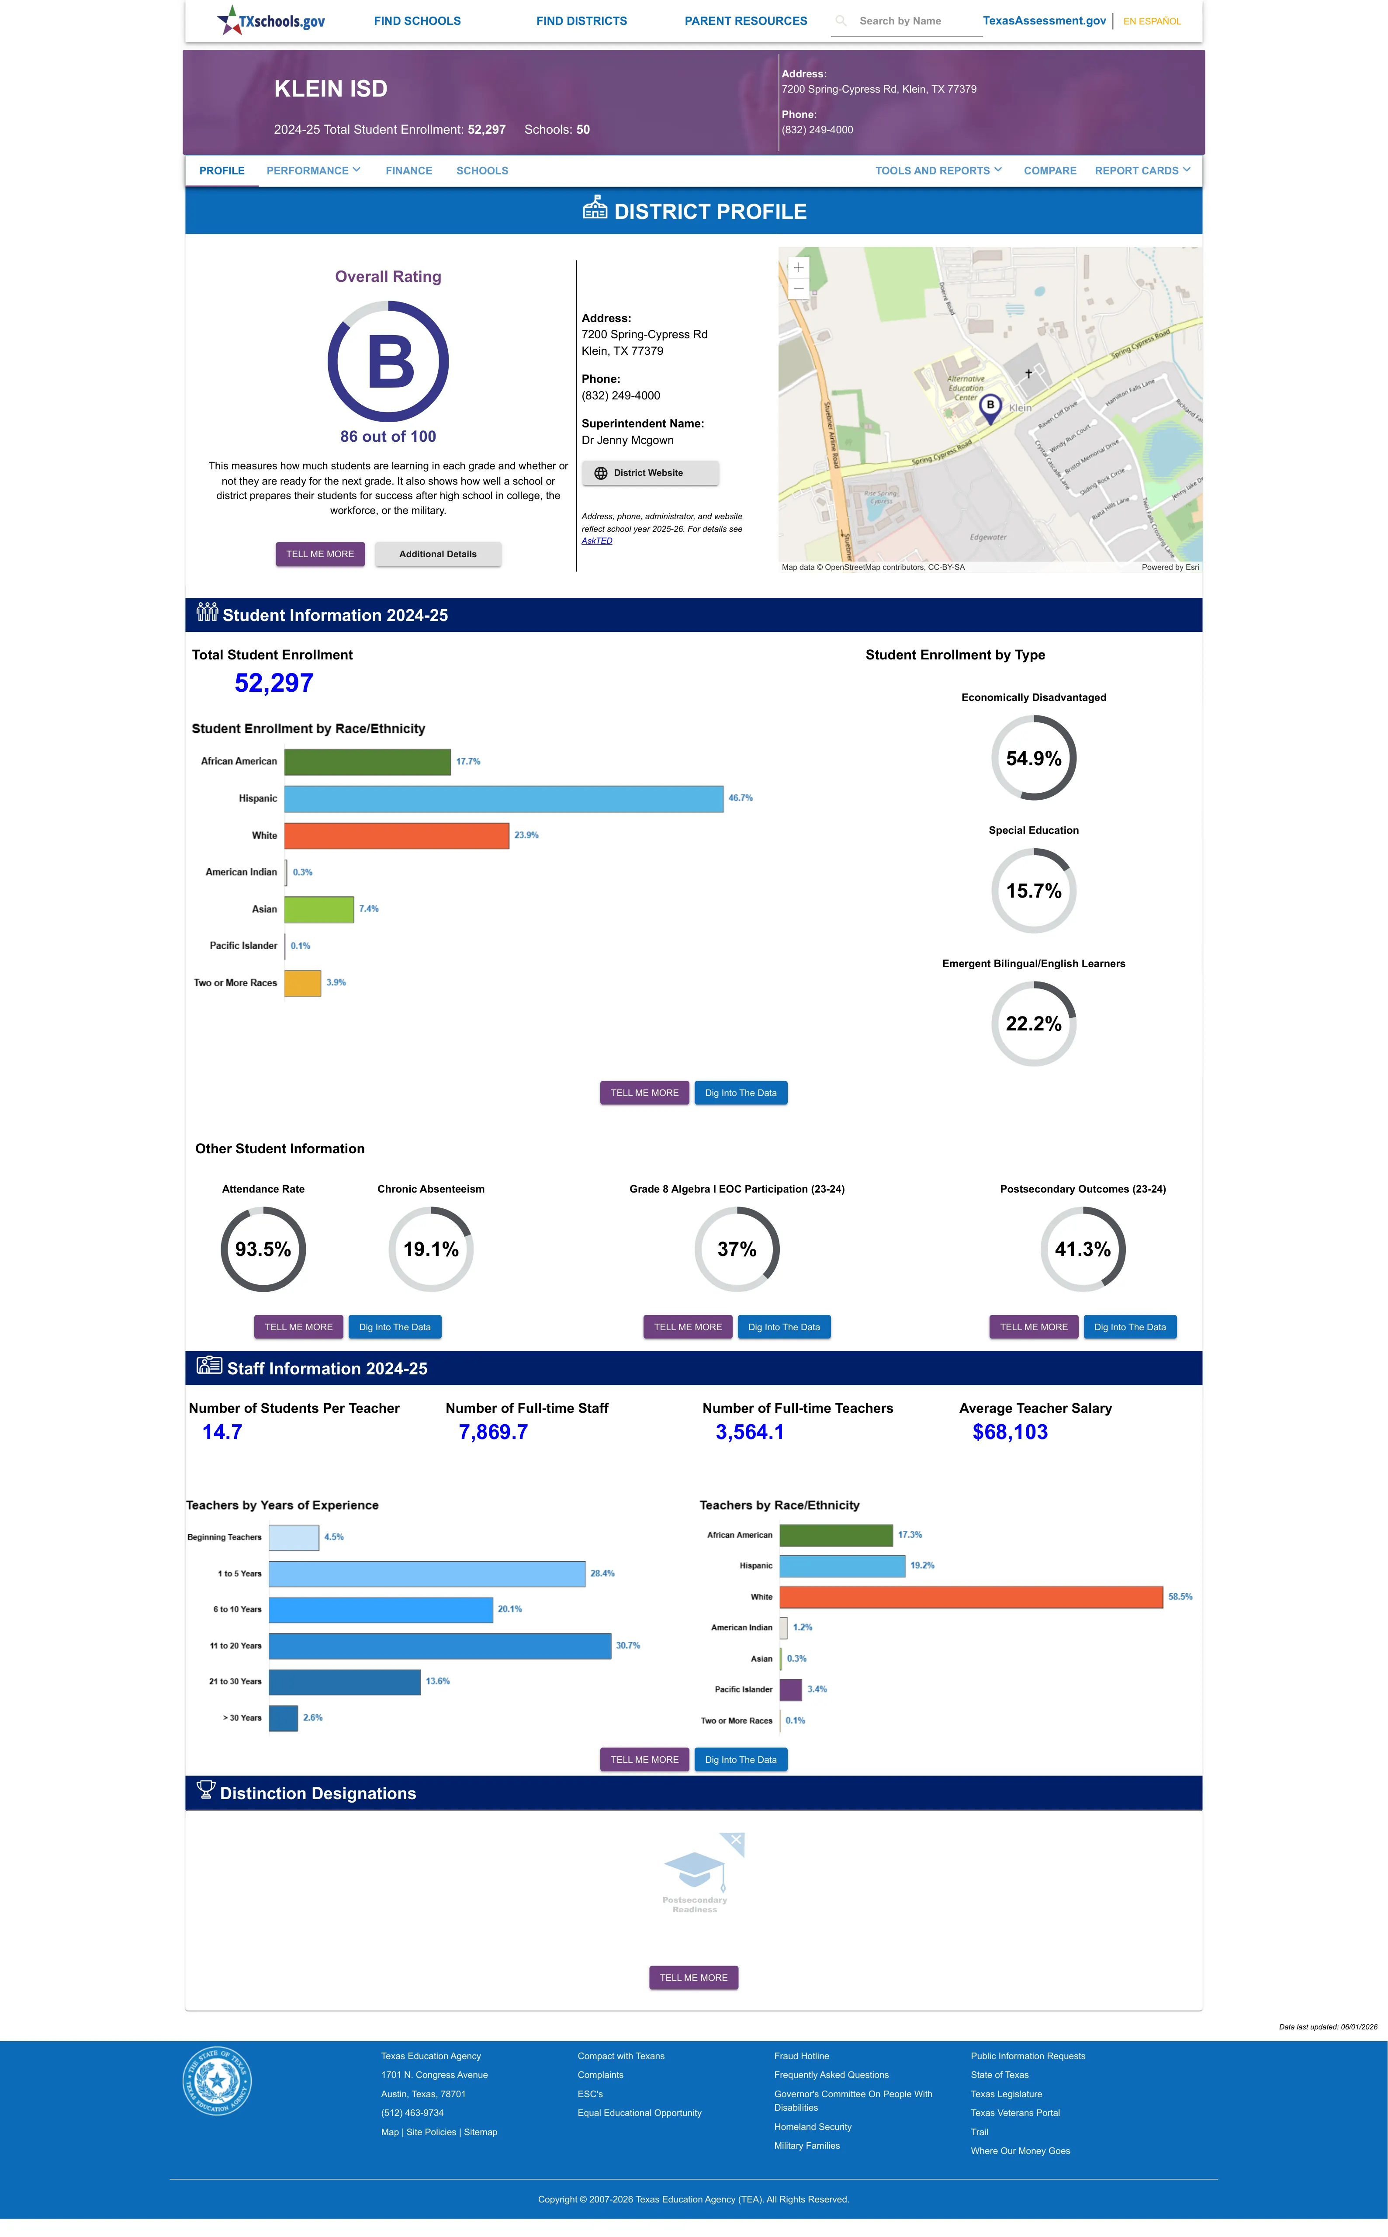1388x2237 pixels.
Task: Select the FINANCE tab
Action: [x=408, y=171]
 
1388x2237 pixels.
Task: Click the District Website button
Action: [x=650, y=473]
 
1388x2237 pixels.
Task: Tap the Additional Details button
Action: [x=438, y=555]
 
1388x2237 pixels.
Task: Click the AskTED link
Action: [x=597, y=541]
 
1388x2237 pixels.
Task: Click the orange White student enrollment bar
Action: [x=397, y=835]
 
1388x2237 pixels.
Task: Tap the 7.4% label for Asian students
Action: [x=369, y=909]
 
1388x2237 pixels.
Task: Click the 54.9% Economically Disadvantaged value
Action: [x=1034, y=758]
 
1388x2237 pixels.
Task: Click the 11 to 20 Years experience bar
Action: [x=440, y=1646]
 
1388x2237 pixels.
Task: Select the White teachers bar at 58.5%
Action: [x=971, y=1597]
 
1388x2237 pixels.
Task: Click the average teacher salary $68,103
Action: [x=1010, y=1432]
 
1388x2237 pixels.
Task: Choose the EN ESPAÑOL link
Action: [x=1152, y=21]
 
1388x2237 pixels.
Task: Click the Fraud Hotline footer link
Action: [x=801, y=2056]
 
